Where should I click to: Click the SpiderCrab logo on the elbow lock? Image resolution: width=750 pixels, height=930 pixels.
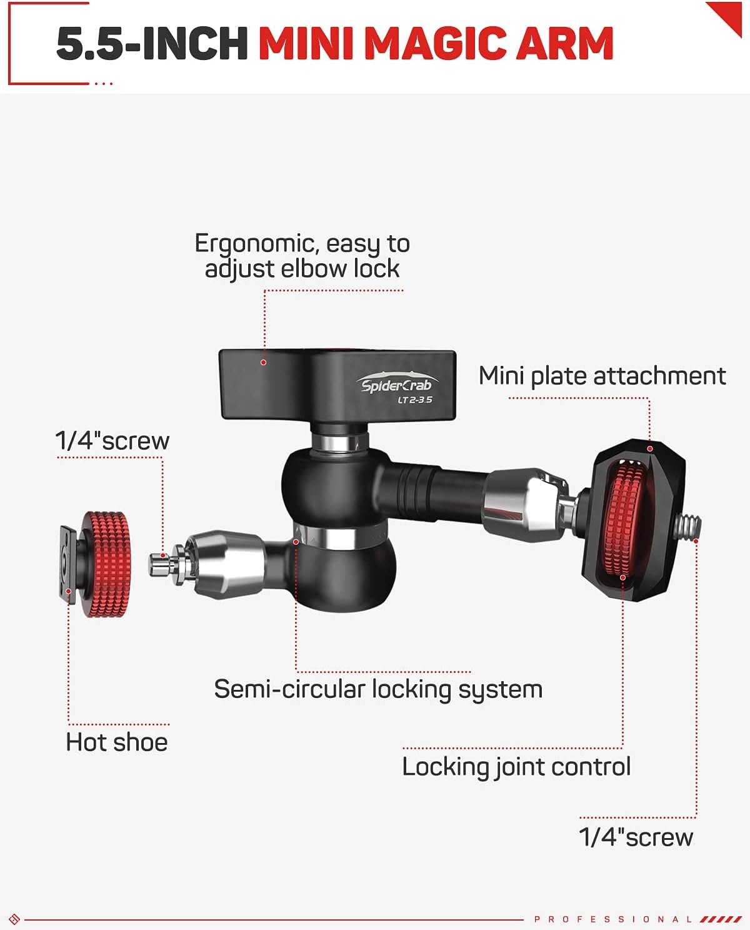396,384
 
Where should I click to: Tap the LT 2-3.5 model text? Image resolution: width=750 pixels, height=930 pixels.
415,400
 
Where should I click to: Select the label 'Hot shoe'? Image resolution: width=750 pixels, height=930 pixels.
117,742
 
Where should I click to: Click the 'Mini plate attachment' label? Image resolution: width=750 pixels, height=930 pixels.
602,376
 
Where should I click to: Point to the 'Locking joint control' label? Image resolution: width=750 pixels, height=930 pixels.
516,767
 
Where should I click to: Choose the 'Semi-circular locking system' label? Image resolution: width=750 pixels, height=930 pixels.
378,689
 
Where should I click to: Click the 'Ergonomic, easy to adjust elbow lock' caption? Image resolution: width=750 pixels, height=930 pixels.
302,256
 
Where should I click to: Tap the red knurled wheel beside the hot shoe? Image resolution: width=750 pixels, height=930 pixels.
106,564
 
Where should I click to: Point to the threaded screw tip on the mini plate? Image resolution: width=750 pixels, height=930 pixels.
689,527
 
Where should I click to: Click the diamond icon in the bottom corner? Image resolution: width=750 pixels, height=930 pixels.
14,919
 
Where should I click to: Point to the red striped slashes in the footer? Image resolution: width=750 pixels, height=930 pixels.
721,919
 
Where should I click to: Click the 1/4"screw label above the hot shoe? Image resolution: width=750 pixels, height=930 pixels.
112,441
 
